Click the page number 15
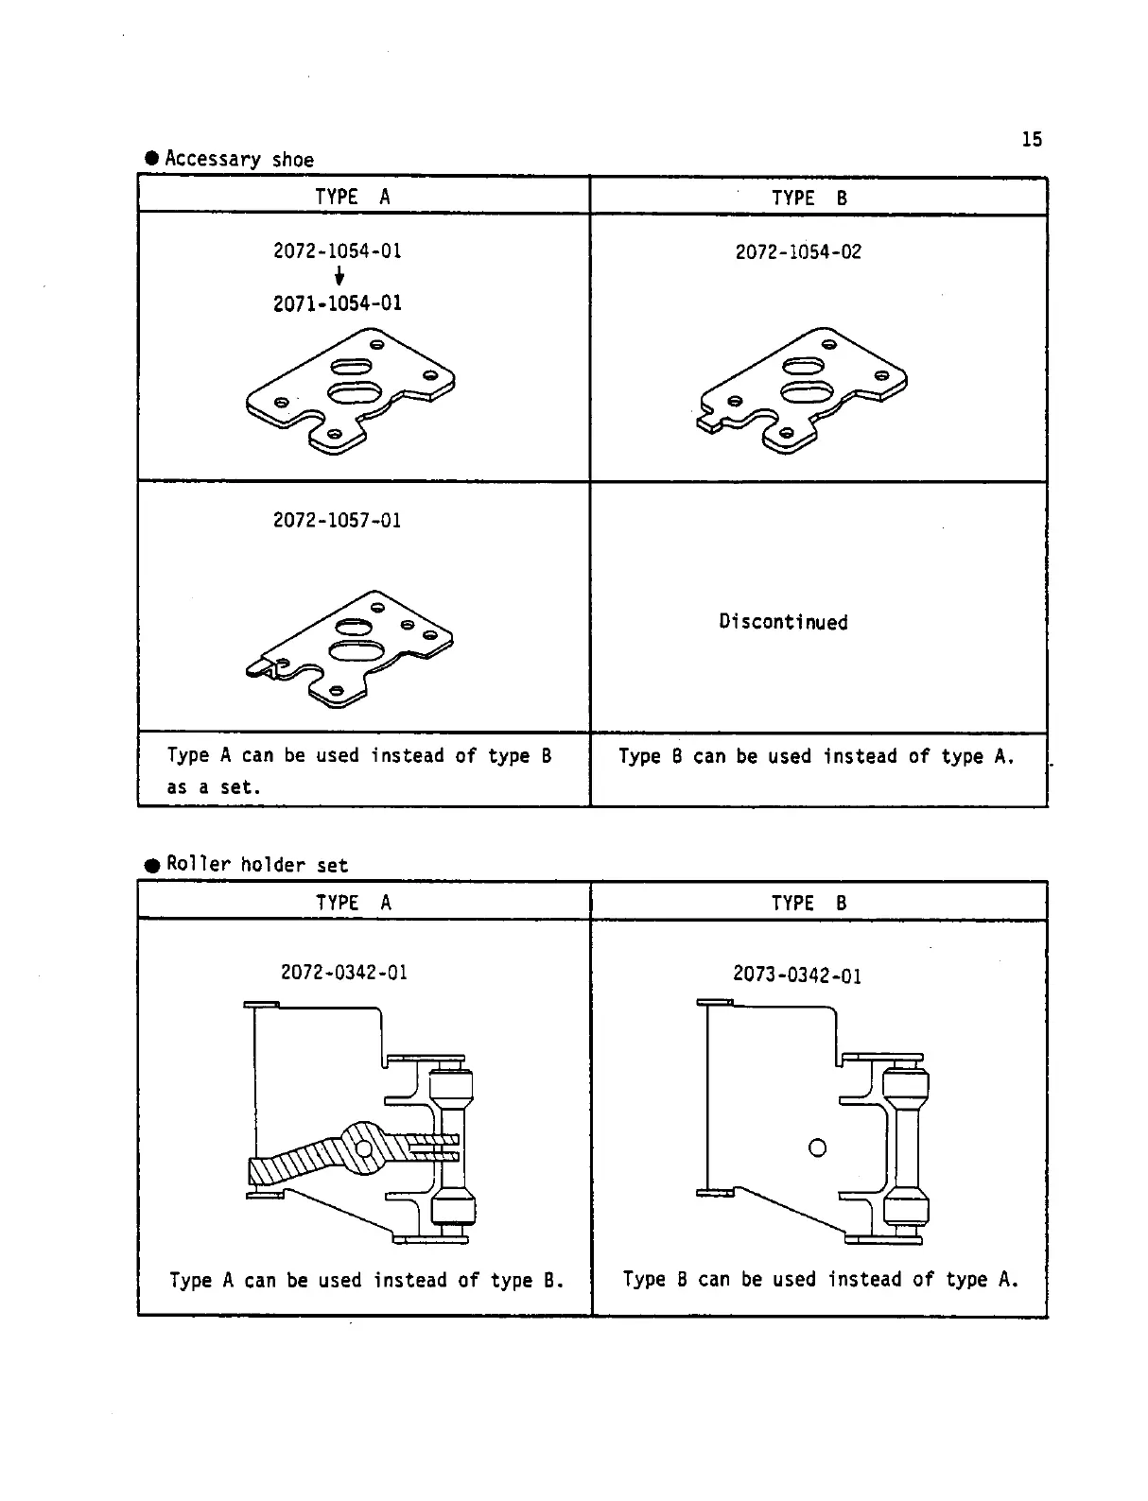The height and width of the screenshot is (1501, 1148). coord(1032,140)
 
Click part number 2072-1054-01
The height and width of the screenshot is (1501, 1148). coord(338,251)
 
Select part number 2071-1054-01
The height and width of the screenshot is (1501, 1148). coord(338,303)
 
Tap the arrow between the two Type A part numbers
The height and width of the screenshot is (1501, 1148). coord(339,277)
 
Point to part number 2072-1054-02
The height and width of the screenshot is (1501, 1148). coord(798,252)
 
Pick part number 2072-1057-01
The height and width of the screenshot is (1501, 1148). coord(338,521)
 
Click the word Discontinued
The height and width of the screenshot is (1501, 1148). coord(783,622)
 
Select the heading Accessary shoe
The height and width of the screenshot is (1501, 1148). coord(239,159)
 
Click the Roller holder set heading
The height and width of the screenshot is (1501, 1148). coord(257,865)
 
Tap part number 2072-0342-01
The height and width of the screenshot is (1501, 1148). coord(344,973)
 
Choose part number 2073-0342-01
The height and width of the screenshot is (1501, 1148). coord(797,975)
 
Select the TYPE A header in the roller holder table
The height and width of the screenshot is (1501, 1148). coord(354,903)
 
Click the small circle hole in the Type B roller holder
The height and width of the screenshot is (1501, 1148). coord(818,1147)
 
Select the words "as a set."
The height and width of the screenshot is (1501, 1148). coord(214,787)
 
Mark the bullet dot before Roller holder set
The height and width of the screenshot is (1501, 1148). coord(151,866)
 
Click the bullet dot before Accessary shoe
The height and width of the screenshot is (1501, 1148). coord(151,159)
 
